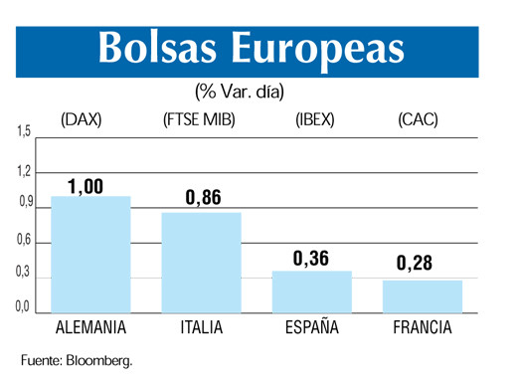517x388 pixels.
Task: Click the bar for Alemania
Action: pyautogui.click(x=90, y=255)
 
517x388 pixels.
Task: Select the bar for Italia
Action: pyautogui.click(x=202, y=263)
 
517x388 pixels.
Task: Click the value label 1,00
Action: pyautogui.click(x=86, y=186)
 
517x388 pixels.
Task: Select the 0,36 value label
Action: pyautogui.click(x=311, y=259)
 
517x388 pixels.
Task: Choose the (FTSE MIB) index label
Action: pyautogui.click(x=203, y=120)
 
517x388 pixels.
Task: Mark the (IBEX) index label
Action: pyautogui.click(x=315, y=120)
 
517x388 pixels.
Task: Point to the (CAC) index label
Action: pyautogui.click(x=418, y=120)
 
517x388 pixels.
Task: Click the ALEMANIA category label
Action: pyautogui.click(x=89, y=327)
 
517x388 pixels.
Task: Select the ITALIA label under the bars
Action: pyautogui.click(x=202, y=327)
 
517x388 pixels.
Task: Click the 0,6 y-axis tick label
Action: pyautogui.click(x=23, y=240)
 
